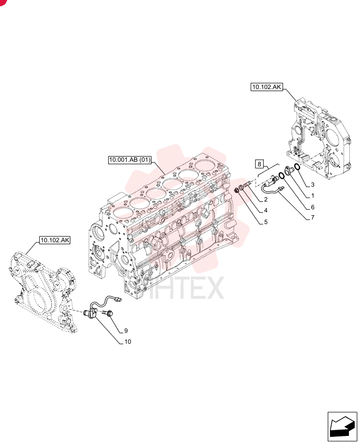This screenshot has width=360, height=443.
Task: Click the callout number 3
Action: pyautogui.click(x=313, y=185)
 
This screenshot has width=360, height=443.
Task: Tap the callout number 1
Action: pyautogui.click(x=313, y=195)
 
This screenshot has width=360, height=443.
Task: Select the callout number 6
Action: pyautogui.click(x=313, y=207)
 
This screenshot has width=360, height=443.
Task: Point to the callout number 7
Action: pyautogui.click(x=313, y=218)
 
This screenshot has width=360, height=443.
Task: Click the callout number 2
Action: pyautogui.click(x=266, y=199)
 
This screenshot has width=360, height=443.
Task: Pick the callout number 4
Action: pyautogui.click(x=266, y=210)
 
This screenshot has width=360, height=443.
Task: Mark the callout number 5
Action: pyautogui.click(x=266, y=222)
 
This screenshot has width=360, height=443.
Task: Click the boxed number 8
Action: pyautogui.click(x=259, y=164)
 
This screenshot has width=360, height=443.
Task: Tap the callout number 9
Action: pyautogui.click(x=126, y=330)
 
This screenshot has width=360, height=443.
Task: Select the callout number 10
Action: pyautogui.click(x=128, y=342)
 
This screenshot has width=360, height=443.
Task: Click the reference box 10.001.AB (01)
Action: pyautogui.click(x=130, y=160)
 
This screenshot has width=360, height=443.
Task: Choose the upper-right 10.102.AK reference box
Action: pyautogui.click(x=266, y=87)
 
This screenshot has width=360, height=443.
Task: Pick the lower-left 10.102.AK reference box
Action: pyautogui.click(x=55, y=240)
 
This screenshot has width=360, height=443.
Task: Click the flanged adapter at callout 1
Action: pyautogui.click(x=289, y=170)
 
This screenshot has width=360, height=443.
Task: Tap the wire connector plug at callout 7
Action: pyautogui.click(x=281, y=188)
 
